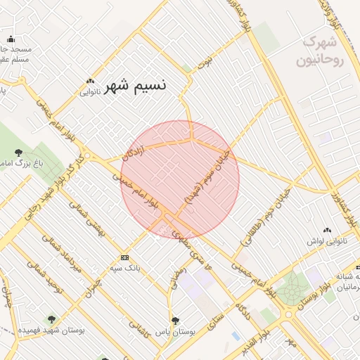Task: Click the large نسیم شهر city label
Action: [x=136, y=86]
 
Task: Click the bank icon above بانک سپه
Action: [x=125, y=257]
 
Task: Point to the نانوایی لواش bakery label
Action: [x=327, y=240]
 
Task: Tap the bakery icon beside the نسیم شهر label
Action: [x=90, y=82]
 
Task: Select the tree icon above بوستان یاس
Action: [x=175, y=321]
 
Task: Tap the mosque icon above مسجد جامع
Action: [x=11, y=40]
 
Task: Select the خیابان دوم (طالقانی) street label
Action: [x=257, y=221]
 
